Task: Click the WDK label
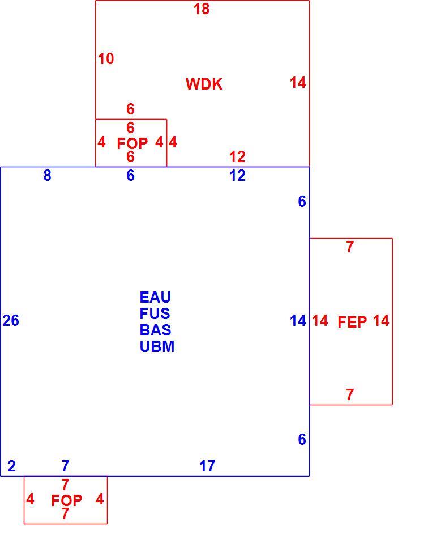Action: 204,84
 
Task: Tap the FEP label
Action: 352,322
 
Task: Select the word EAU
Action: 155,297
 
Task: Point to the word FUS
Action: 155,313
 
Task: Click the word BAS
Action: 155,330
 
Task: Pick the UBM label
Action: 157,346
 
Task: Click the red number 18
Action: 202,8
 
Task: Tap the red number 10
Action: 106,58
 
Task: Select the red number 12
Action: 237,157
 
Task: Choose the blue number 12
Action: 237,176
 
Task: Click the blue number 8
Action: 47,176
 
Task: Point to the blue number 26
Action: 11,320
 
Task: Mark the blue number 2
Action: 11,466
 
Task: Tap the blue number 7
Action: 65,466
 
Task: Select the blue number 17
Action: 207,466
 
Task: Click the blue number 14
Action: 298,321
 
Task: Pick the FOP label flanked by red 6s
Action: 132,143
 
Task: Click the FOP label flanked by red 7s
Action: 67,500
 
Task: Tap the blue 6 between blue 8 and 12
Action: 130,176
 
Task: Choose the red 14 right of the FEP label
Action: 381,321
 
